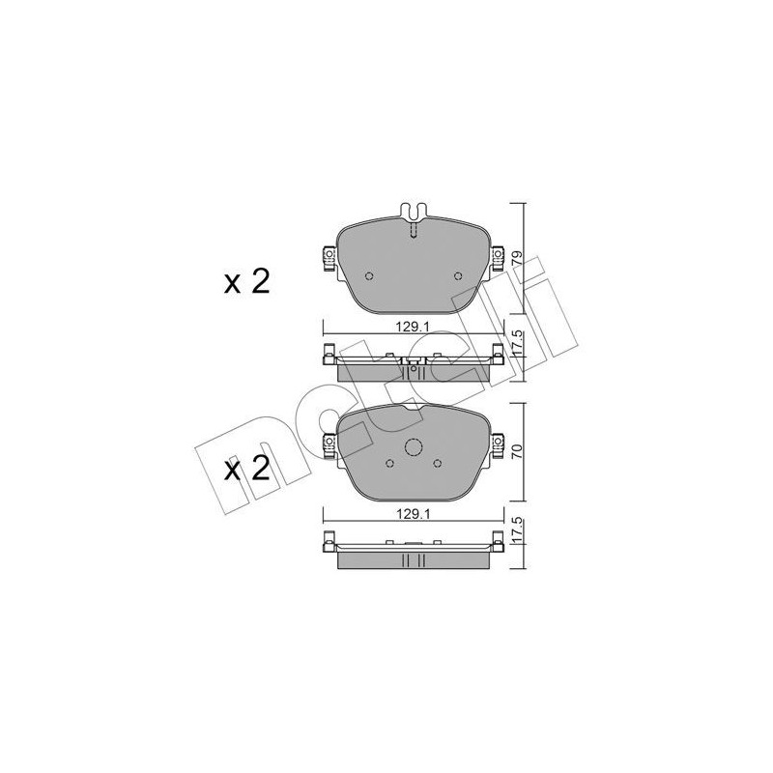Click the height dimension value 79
pos(518,259)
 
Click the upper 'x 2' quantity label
pos(245,283)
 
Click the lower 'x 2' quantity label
pos(245,471)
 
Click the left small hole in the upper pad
pos(367,275)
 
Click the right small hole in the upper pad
pos(458,275)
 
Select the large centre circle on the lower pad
pos(413,448)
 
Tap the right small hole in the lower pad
pos(439,463)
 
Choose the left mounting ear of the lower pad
pos(327,444)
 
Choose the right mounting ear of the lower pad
pos(499,444)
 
